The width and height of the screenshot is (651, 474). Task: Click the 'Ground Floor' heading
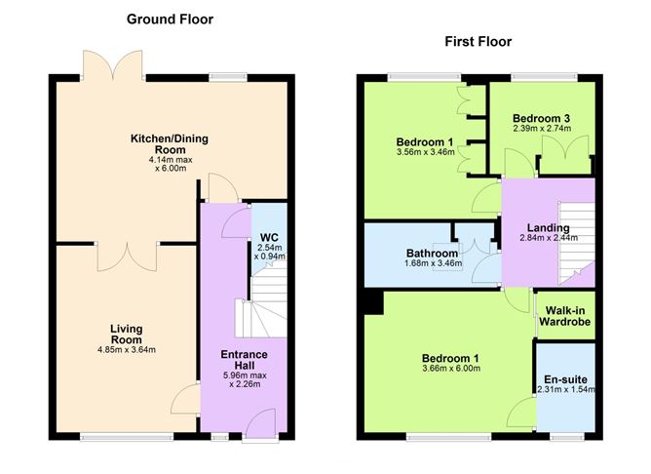coord(171,19)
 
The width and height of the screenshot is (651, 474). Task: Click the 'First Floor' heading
coord(479,42)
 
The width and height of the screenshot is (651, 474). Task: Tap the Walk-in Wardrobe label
coord(566,315)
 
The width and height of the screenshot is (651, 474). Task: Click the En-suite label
coord(565,379)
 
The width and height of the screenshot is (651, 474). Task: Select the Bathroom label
coord(431,255)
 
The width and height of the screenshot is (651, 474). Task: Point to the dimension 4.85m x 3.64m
coord(127,350)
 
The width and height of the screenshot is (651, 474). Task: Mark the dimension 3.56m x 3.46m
coord(425,151)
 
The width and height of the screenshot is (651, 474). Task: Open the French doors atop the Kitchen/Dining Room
coord(115,65)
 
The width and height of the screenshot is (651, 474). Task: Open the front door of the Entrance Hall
coord(256,421)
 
